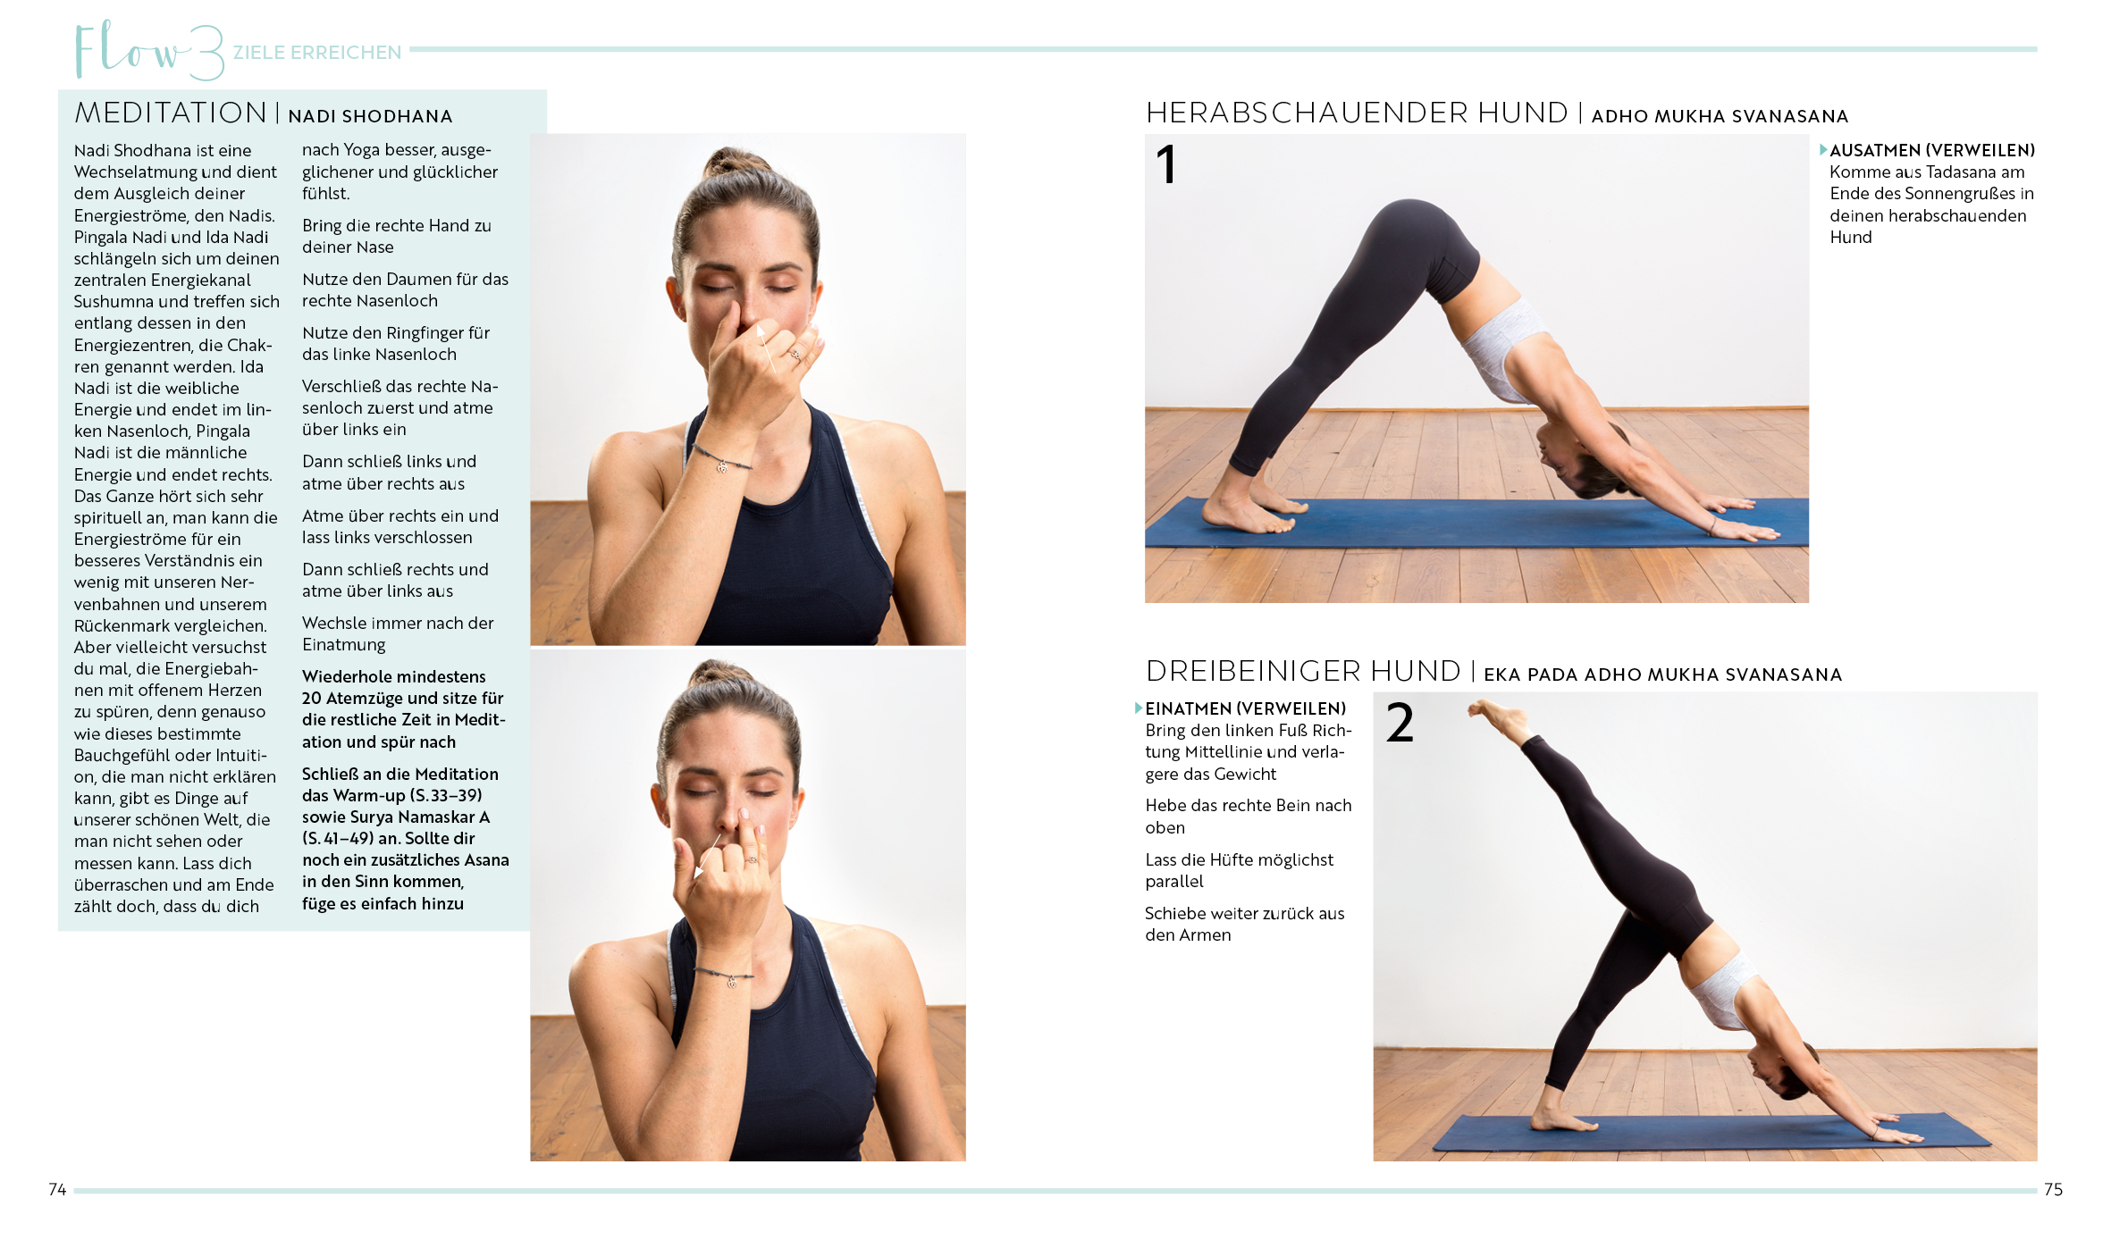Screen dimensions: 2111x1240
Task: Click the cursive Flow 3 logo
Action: [x=147, y=51]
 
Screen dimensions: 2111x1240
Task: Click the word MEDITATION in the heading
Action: [x=171, y=113]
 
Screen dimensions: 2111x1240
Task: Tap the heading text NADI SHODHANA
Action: [x=370, y=116]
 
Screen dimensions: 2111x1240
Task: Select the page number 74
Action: [x=57, y=1189]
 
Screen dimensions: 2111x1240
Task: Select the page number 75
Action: [x=2053, y=1189]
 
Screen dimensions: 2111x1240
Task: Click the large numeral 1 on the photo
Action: [x=1166, y=164]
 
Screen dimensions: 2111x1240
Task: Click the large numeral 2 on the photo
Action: [x=1400, y=723]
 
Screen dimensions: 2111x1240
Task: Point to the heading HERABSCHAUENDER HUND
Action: [x=1357, y=113]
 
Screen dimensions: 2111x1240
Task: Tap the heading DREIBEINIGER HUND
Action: [x=1303, y=672]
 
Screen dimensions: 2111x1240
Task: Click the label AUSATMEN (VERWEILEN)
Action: [x=1932, y=150]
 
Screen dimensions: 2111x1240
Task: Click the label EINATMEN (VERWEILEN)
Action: [x=1246, y=708]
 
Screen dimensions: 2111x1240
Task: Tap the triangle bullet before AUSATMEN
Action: [x=1823, y=150]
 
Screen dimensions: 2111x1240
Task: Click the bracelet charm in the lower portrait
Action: [x=732, y=983]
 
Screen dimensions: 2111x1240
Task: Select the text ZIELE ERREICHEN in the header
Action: [x=317, y=53]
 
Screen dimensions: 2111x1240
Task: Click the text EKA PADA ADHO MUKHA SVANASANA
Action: [x=1663, y=674]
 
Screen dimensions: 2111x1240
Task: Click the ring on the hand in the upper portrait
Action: [x=795, y=356]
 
